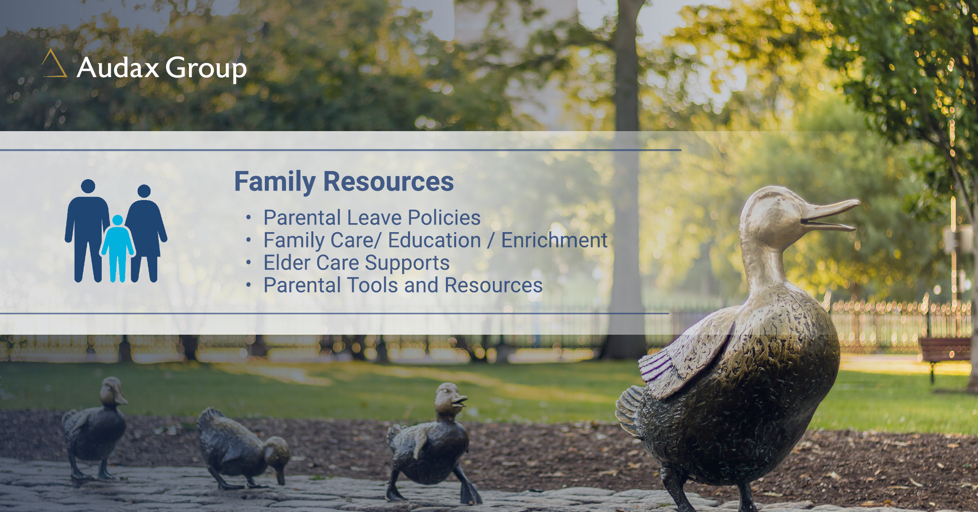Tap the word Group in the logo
pyautogui.click(x=206, y=69)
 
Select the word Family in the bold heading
pyautogui.click(x=275, y=182)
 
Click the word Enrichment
pyautogui.click(x=554, y=240)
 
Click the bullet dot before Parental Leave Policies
pyautogui.click(x=248, y=217)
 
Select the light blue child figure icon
pyautogui.click(x=117, y=248)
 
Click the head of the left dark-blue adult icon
pyautogui.click(x=88, y=186)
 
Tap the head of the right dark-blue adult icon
pyautogui.click(x=144, y=191)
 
